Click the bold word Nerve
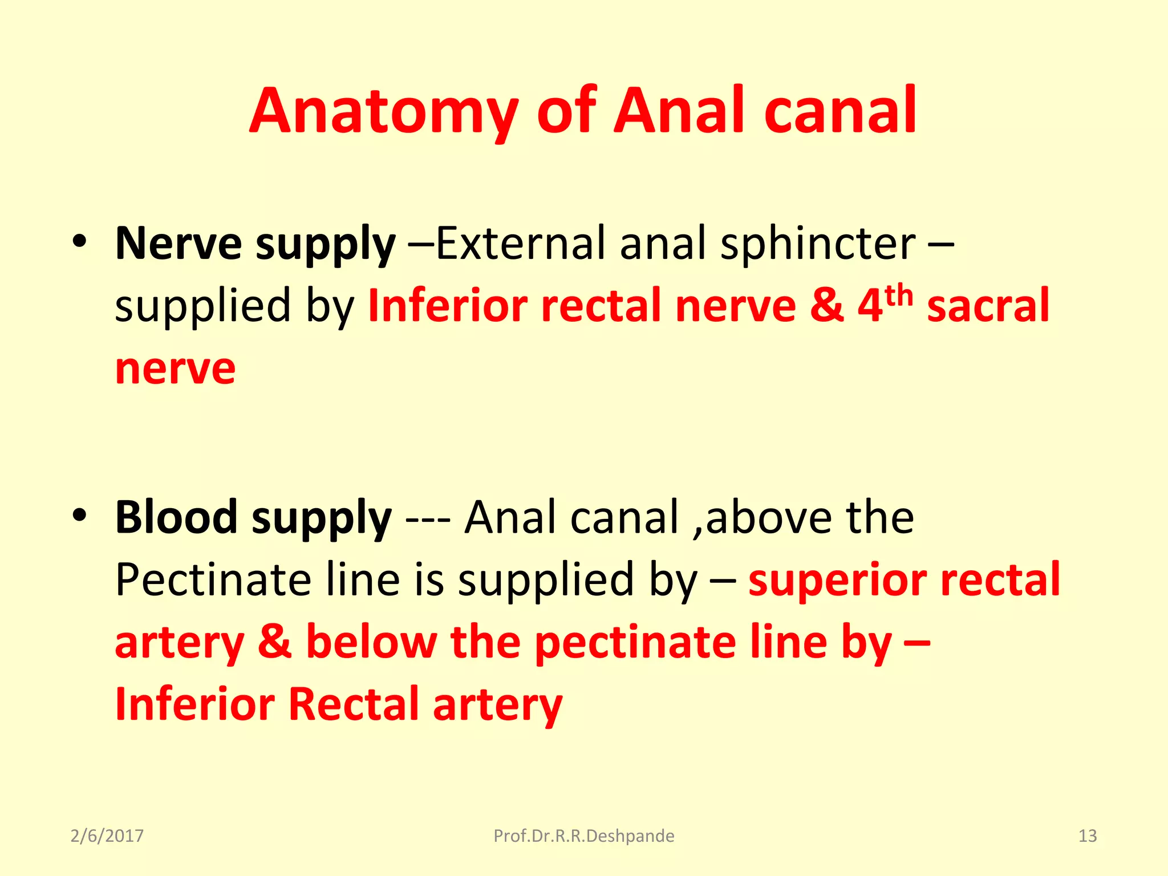pos(179,244)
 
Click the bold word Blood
pos(176,517)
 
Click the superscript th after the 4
pos(899,295)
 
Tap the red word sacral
pos(988,306)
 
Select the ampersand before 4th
pos(826,306)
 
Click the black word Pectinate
pos(213,580)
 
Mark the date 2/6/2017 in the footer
pos(107,836)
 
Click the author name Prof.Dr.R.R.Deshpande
pos(583,836)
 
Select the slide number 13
pos(1087,836)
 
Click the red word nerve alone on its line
pos(175,369)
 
